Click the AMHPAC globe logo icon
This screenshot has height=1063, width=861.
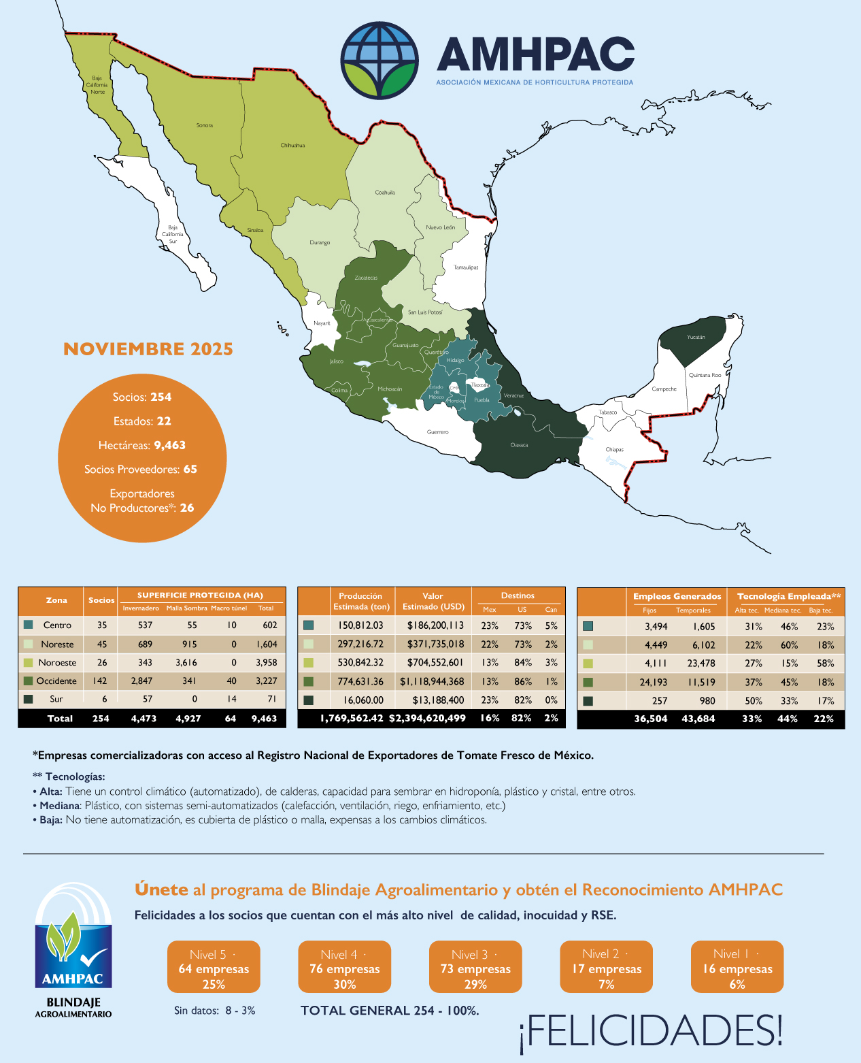(x=379, y=60)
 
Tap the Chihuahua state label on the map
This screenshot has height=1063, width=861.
(x=292, y=146)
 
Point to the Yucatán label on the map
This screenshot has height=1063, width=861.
(x=696, y=338)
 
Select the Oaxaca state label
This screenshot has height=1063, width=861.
(x=519, y=445)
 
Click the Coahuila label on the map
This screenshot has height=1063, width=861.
(x=385, y=193)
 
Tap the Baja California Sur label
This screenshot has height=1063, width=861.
(x=173, y=235)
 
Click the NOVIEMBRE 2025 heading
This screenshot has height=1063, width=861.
(x=148, y=349)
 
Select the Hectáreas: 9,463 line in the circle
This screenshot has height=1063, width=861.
(x=142, y=445)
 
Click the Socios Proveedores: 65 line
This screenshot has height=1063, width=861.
(x=141, y=470)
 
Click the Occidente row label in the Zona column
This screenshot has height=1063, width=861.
(x=56, y=681)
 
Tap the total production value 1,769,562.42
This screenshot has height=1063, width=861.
(x=352, y=718)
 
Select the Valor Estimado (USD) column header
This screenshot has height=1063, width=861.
(x=433, y=601)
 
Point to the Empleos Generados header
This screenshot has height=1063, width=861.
(x=677, y=596)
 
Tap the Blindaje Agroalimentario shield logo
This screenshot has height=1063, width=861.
(x=73, y=939)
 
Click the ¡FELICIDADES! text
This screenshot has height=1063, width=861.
(x=651, y=1030)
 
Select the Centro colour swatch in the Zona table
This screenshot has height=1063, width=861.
(x=28, y=625)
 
